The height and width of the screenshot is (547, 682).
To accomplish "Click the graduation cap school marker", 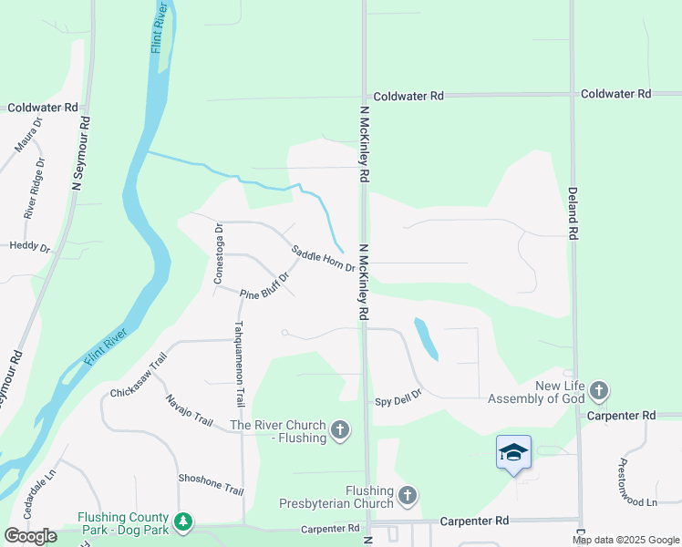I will click(513, 452).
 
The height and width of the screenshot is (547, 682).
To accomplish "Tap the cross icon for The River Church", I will click(340, 429).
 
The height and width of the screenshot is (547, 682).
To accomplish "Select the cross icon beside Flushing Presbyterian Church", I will click(407, 496).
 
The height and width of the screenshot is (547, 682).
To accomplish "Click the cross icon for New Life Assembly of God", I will click(598, 392).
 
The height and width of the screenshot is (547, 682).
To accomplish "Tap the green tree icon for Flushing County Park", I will click(185, 521).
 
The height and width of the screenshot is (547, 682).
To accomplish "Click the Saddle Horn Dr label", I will click(323, 258).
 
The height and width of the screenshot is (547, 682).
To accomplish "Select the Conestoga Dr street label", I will click(219, 253).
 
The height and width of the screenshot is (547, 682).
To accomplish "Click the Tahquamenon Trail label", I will click(239, 362).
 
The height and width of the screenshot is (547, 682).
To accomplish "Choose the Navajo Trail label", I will click(190, 410).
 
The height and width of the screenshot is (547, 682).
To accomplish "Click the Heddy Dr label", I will click(30, 246).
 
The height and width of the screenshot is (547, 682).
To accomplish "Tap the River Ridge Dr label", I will click(35, 189).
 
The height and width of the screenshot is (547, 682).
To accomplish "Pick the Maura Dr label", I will click(28, 133).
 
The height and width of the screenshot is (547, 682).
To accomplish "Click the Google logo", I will click(30, 536).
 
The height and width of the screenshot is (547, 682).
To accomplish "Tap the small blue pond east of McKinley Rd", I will click(425, 338).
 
